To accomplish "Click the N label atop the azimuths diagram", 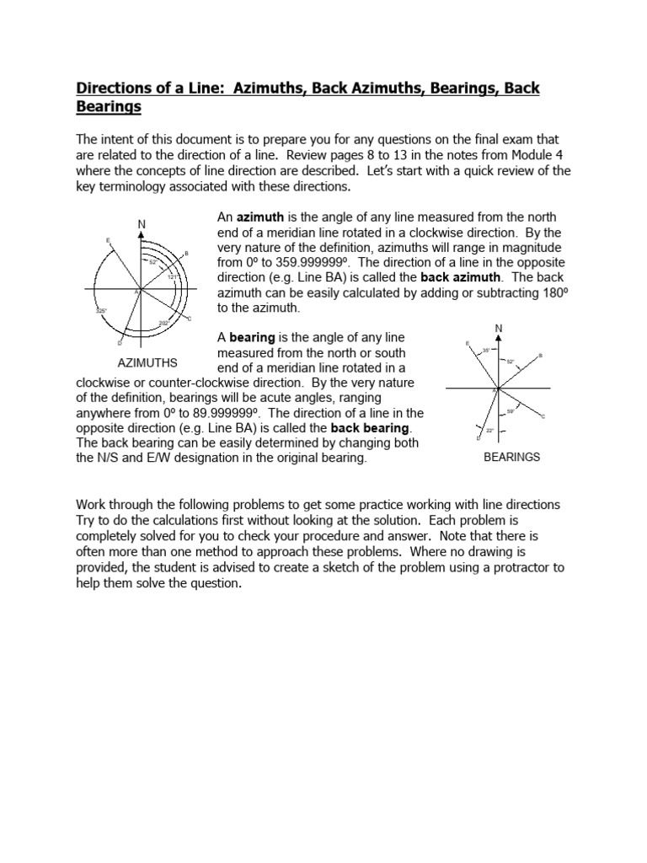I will coord(142,224).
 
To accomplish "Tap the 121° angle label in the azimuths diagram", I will coord(173,276).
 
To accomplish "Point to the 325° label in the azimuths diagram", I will coord(102,311).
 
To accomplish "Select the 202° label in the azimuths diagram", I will coord(164,323).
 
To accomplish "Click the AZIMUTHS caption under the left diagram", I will coord(147,363).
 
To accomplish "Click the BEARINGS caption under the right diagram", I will coord(511,457).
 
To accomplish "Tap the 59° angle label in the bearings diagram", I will coord(510,410).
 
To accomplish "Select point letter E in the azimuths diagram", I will coord(108,240).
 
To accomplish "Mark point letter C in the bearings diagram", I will coord(543,416).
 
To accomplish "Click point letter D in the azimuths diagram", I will coord(119,343).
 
